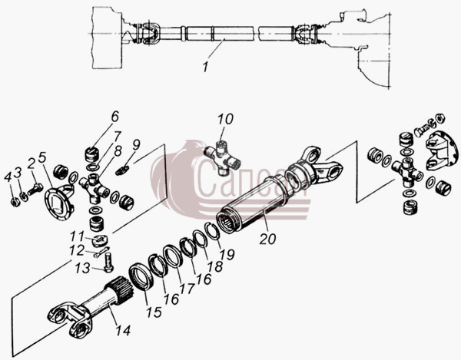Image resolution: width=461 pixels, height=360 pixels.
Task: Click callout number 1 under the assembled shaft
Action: [205, 67]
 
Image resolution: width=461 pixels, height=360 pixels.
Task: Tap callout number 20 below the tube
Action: [267, 239]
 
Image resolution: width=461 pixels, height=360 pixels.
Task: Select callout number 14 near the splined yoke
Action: [123, 331]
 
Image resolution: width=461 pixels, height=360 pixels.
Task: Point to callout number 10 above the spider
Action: [225, 119]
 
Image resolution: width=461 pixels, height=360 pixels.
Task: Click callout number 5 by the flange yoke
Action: [42, 157]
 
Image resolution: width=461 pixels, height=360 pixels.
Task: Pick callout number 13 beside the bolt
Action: [82, 268]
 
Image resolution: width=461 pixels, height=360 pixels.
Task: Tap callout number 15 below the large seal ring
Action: [154, 312]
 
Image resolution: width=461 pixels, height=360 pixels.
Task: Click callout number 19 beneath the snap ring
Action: [227, 254]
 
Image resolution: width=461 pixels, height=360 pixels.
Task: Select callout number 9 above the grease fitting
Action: [136, 145]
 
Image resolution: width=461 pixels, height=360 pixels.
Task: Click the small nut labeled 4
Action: [15, 202]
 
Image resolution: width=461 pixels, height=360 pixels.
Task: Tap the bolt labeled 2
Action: [35, 190]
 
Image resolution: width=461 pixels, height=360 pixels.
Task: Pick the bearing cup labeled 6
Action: [91, 154]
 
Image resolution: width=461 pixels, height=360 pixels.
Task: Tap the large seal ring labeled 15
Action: [141, 277]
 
